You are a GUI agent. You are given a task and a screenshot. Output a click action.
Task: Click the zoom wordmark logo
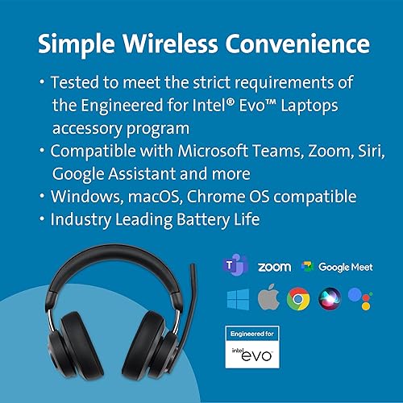(274, 267)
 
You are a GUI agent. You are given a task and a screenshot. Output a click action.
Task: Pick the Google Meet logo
(338, 267)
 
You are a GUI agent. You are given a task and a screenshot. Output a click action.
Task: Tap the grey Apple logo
(268, 300)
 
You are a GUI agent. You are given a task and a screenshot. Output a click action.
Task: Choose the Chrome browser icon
(299, 300)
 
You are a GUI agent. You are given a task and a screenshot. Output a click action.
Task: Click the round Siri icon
(330, 300)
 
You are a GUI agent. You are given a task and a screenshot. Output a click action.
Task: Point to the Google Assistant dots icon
(362, 300)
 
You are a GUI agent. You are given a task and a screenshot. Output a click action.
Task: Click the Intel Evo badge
(251, 347)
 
